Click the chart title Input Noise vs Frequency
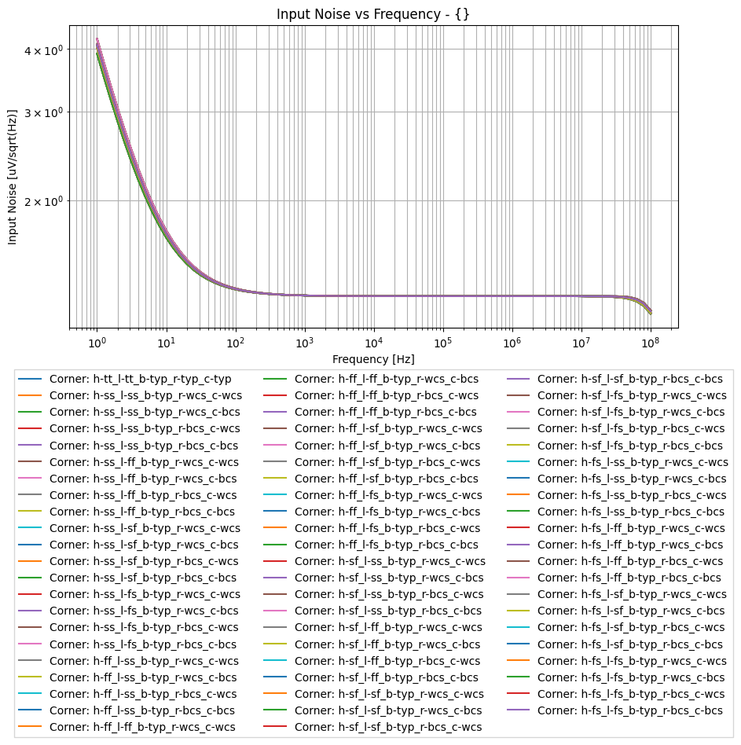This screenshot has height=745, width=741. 373,13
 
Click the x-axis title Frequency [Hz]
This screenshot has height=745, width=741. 373,358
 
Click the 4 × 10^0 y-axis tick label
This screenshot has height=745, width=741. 46,50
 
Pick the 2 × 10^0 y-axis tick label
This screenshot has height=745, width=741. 46,201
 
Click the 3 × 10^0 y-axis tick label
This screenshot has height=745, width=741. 46,112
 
